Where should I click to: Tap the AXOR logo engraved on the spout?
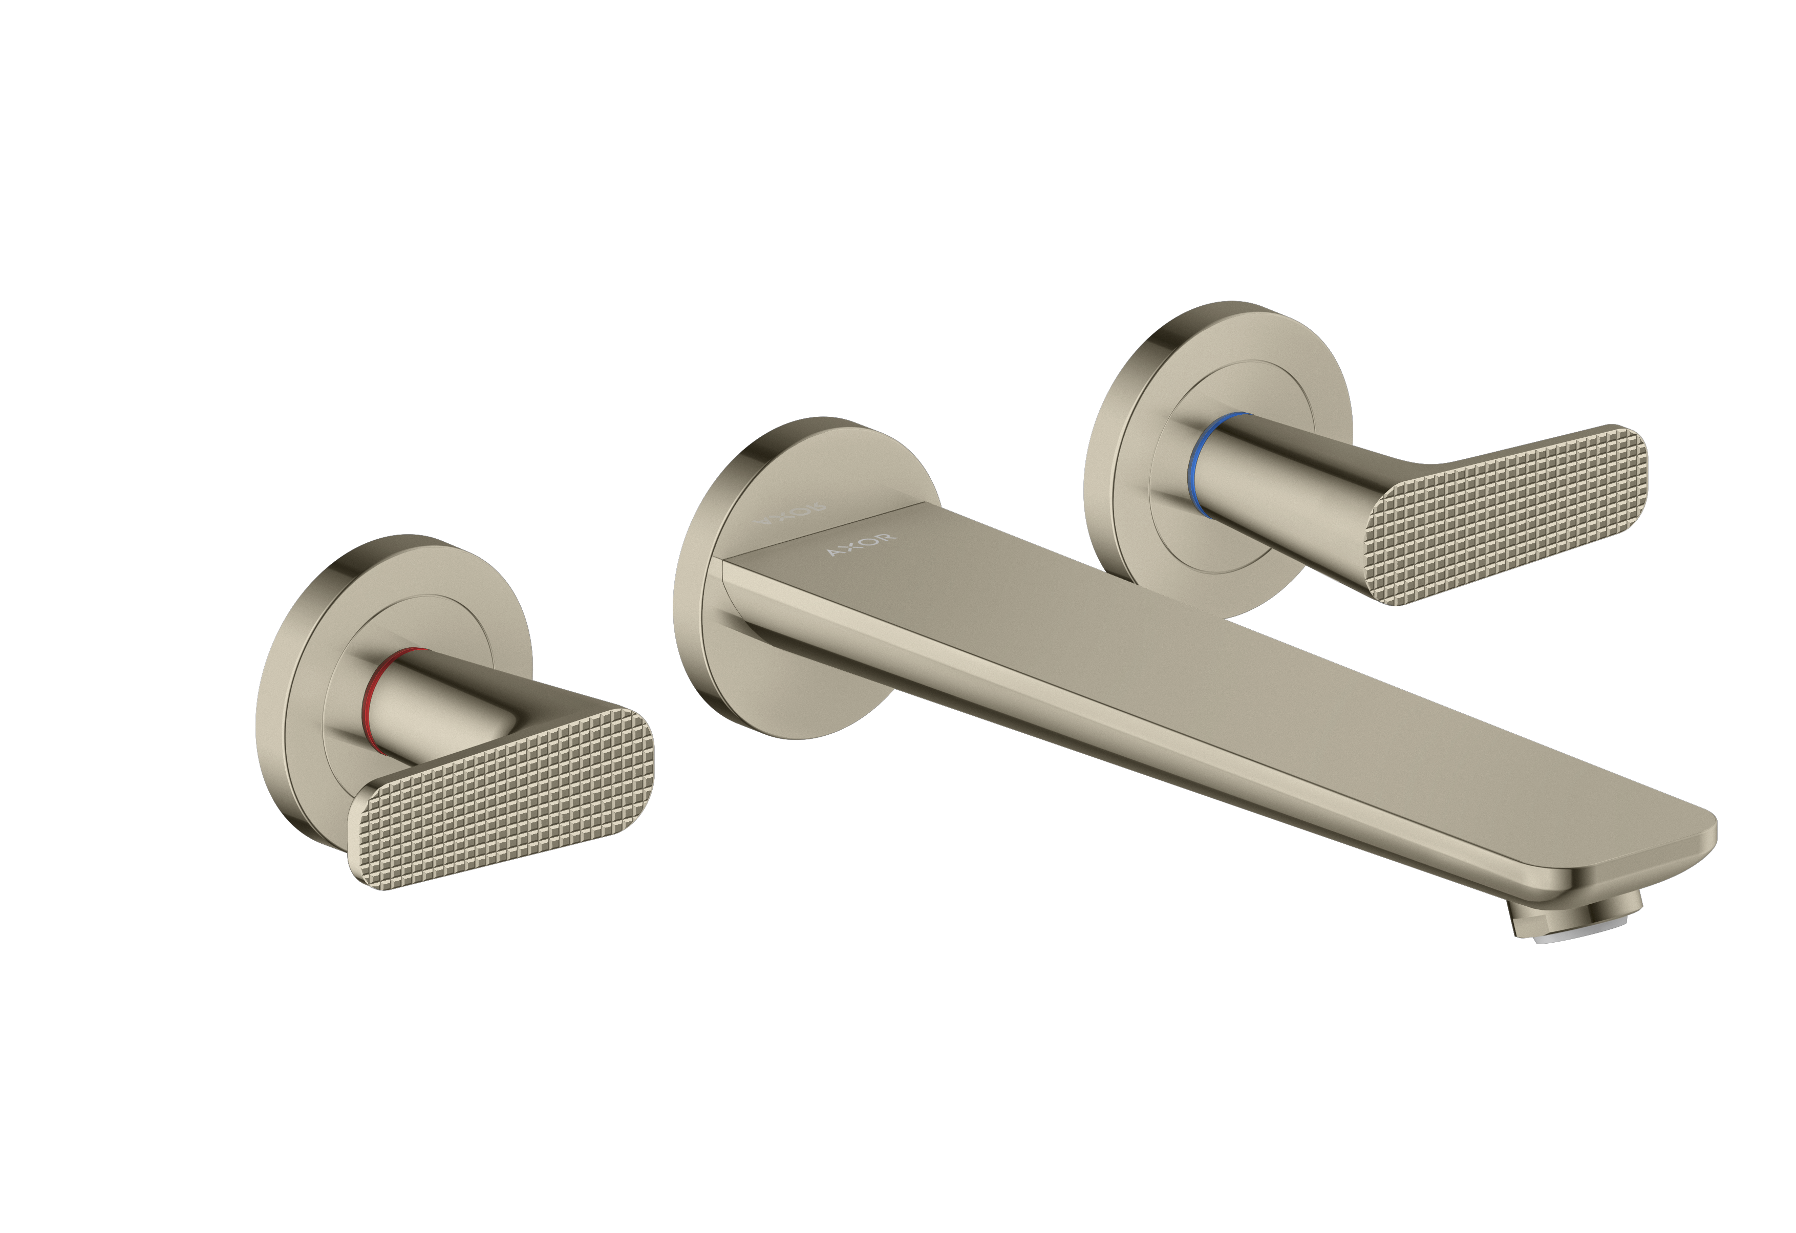(862, 544)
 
